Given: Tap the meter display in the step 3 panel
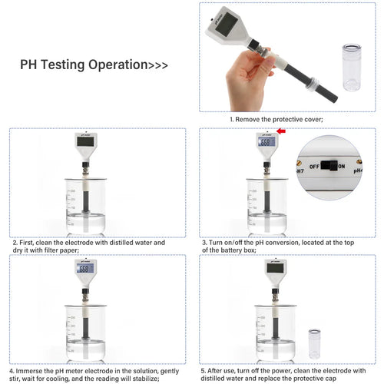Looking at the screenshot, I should (x=266, y=142).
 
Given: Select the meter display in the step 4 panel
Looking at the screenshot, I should (x=84, y=270).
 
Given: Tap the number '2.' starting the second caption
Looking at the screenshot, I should (x=15, y=243).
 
